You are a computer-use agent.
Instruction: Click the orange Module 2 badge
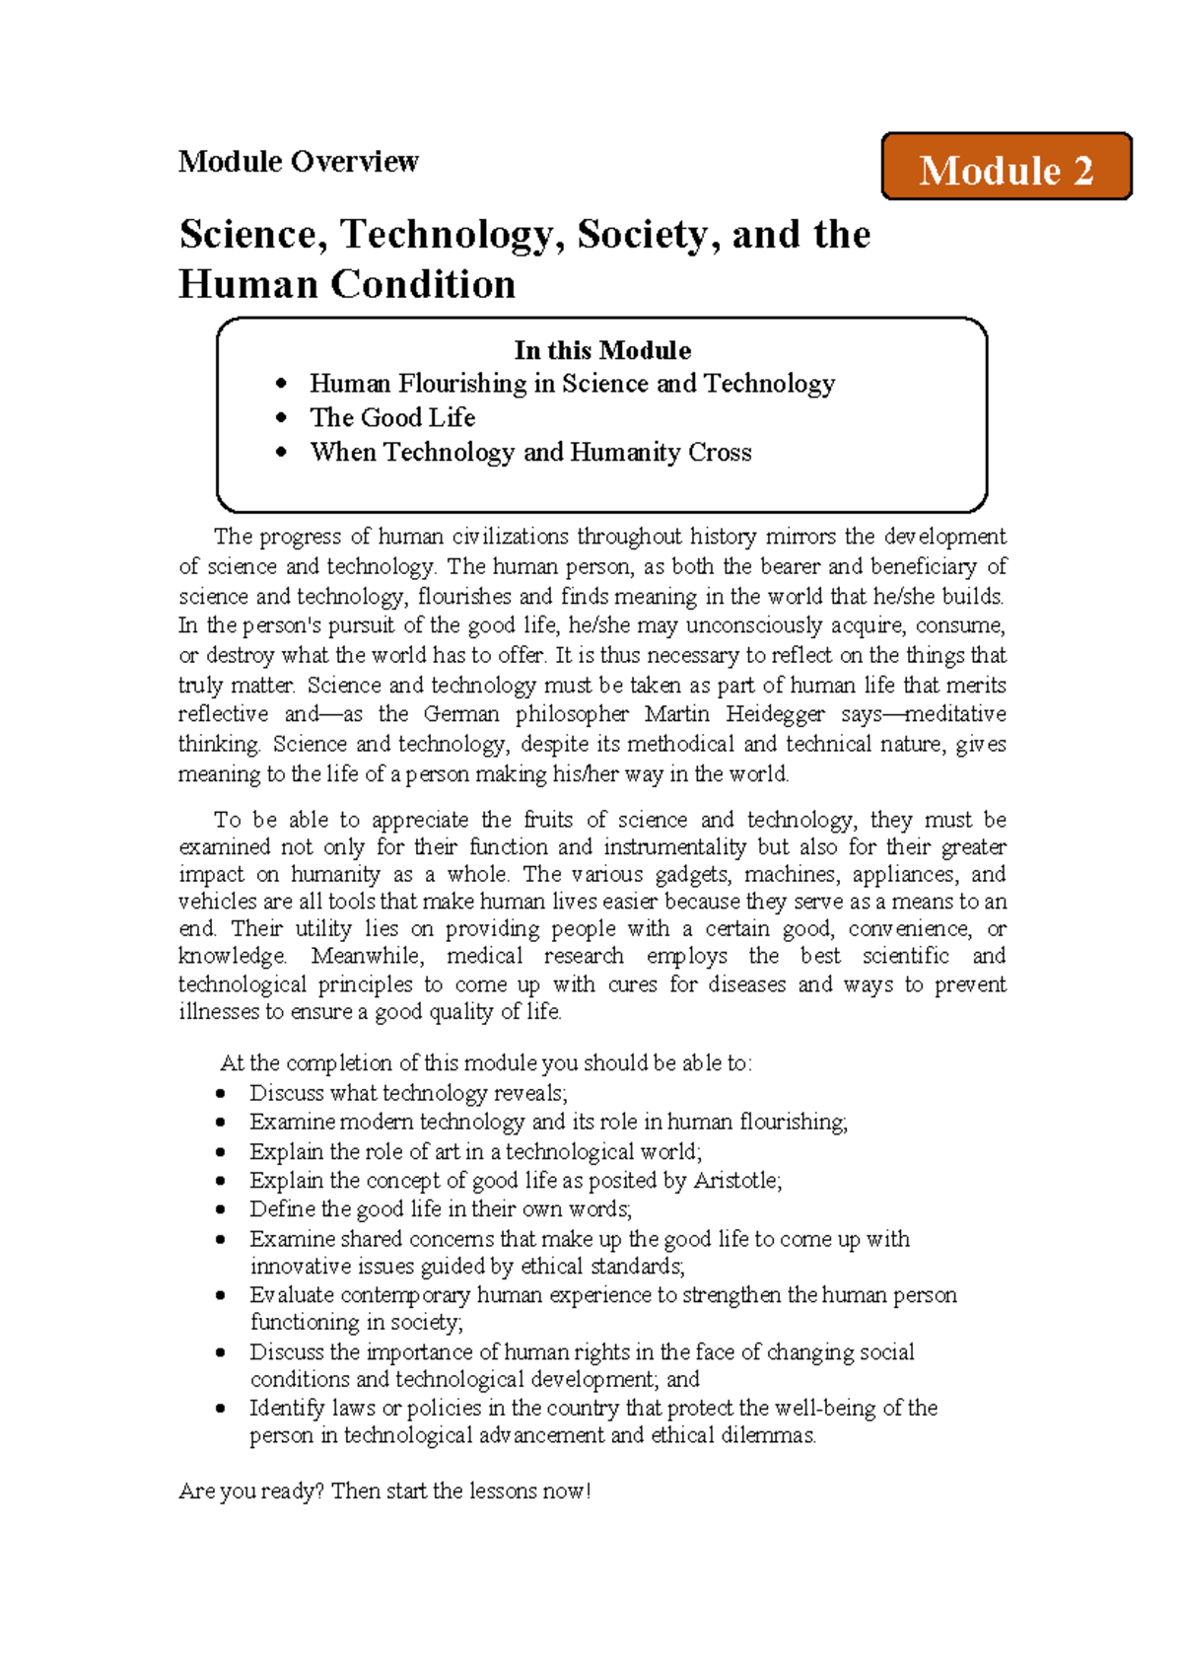(x=1006, y=168)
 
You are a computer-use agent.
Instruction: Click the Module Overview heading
(x=298, y=161)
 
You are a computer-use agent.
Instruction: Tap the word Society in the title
(x=641, y=235)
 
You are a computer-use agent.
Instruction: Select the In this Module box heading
(x=601, y=350)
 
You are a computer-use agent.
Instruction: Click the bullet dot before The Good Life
(x=282, y=418)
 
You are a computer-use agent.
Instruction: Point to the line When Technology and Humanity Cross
(x=530, y=453)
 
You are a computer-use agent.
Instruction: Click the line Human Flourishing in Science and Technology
(x=572, y=384)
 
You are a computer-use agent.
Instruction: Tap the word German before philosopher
(x=460, y=714)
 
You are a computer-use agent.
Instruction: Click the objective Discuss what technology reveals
(x=408, y=1093)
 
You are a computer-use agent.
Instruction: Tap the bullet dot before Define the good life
(x=222, y=1209)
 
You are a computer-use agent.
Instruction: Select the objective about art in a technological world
(x=475, y=1152)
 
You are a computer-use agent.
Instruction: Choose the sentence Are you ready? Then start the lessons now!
(x=384, y=1491)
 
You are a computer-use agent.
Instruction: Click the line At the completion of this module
(x=486, y=1063)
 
